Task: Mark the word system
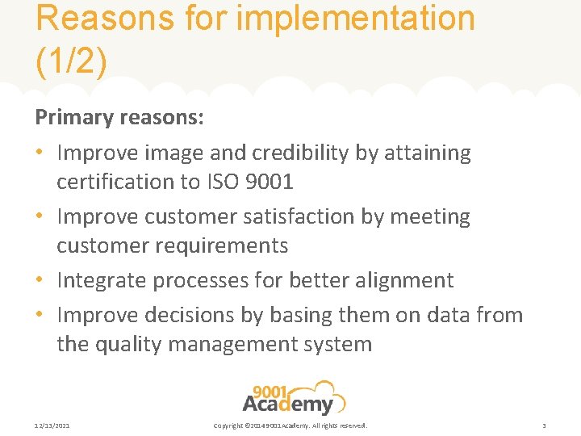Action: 337,344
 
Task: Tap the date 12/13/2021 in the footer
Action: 52,426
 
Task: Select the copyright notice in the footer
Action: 290,426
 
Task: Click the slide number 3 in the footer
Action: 544,426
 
